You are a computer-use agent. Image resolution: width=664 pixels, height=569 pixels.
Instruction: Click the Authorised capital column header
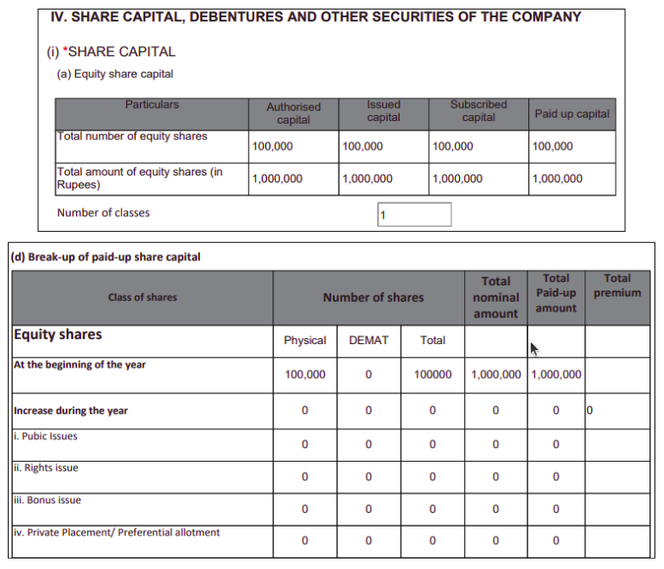[x=293, y=113]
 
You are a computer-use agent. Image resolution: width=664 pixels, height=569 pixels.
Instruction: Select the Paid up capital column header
[x=571, y=113]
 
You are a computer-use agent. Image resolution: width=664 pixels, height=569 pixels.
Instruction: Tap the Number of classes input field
[x=414, y=214]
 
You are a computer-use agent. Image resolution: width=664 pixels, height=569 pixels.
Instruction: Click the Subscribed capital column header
[x=478, y=111]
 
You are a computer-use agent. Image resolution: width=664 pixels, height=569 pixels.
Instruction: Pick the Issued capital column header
[x=383, y=111]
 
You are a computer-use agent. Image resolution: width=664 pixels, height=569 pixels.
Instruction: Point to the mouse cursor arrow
[x=534, y=348]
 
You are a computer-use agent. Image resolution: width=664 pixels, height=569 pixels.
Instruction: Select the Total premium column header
[x=616, y=285]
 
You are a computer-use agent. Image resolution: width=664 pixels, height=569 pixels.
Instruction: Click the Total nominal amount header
[x=495, y=297]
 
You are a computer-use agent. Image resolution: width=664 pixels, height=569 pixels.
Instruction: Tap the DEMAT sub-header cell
[x=368, y=341]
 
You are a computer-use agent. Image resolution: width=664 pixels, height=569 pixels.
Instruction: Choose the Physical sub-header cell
[x=304, y=341]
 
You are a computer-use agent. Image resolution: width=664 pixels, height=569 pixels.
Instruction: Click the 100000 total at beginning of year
[x=432, y=374]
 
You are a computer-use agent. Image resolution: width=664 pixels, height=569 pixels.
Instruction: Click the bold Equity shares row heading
[x=58, y=335]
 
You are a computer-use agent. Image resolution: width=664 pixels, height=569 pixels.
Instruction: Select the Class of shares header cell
[x=142, y=297]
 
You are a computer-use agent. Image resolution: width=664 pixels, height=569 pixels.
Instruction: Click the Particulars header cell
[x=151, y=105]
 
